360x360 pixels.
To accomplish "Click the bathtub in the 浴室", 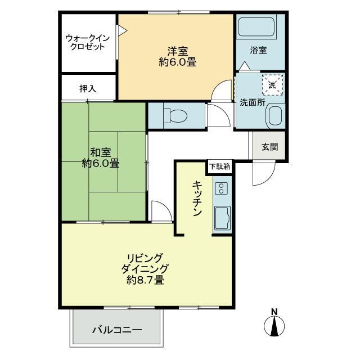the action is (256, 27).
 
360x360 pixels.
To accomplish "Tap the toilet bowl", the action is (175, 115).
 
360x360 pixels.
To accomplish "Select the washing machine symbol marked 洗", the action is (272, 84).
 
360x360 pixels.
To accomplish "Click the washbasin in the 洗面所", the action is (275, 115).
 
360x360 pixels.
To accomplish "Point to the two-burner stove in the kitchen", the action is (221, 188).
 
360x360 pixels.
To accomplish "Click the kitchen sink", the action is (222, 218).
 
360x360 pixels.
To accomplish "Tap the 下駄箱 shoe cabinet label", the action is (220, 166).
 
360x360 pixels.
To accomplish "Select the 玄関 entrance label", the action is (270, 147).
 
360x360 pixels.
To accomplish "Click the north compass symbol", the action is (274, 326).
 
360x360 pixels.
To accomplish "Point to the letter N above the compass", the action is (274, 312).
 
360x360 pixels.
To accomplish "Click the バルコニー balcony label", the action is (118, 330).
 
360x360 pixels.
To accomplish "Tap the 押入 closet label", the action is (88, 89).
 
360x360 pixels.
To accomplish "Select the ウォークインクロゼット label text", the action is (88, 43).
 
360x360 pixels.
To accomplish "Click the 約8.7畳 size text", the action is (145, 280).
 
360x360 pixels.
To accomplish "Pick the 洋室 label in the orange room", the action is (178, 51).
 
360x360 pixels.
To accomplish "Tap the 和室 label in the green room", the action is (101, 152).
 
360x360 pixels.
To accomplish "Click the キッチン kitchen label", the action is (197, 199).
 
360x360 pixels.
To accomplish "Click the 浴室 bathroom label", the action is (258, 50).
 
